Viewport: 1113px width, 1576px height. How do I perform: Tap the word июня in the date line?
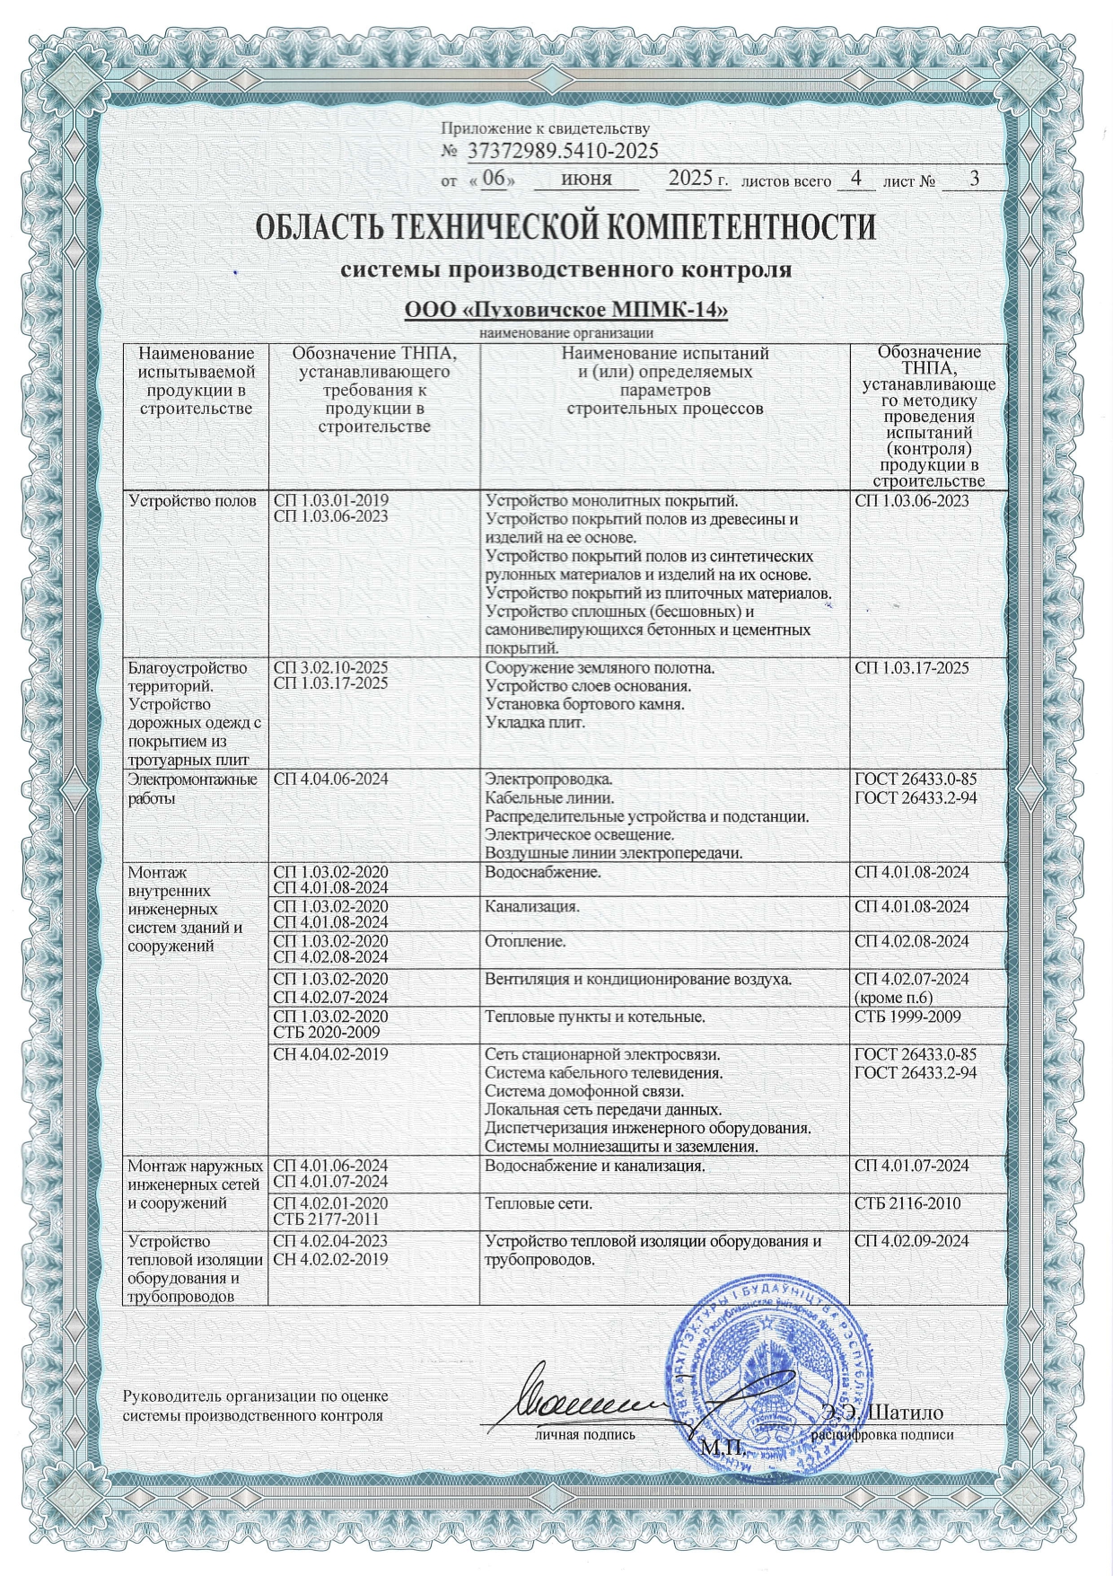click(586, 179)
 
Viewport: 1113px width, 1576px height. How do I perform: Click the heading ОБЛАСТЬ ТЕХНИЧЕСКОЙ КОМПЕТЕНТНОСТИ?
click(565, 226)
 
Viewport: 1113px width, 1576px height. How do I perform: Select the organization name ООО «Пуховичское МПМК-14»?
click(565, 311)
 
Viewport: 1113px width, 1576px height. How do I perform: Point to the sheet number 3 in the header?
click(974, 179)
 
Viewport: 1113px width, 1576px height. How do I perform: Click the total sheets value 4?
click(856, 179)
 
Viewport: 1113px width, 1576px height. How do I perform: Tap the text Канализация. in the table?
click(531, 906)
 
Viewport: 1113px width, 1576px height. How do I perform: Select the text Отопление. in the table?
click(525, 942)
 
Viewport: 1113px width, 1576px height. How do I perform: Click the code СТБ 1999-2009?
click(907, 1017)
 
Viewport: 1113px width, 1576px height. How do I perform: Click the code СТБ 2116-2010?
click(907, 1202)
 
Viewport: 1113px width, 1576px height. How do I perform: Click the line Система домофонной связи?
click(584, 1091)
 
